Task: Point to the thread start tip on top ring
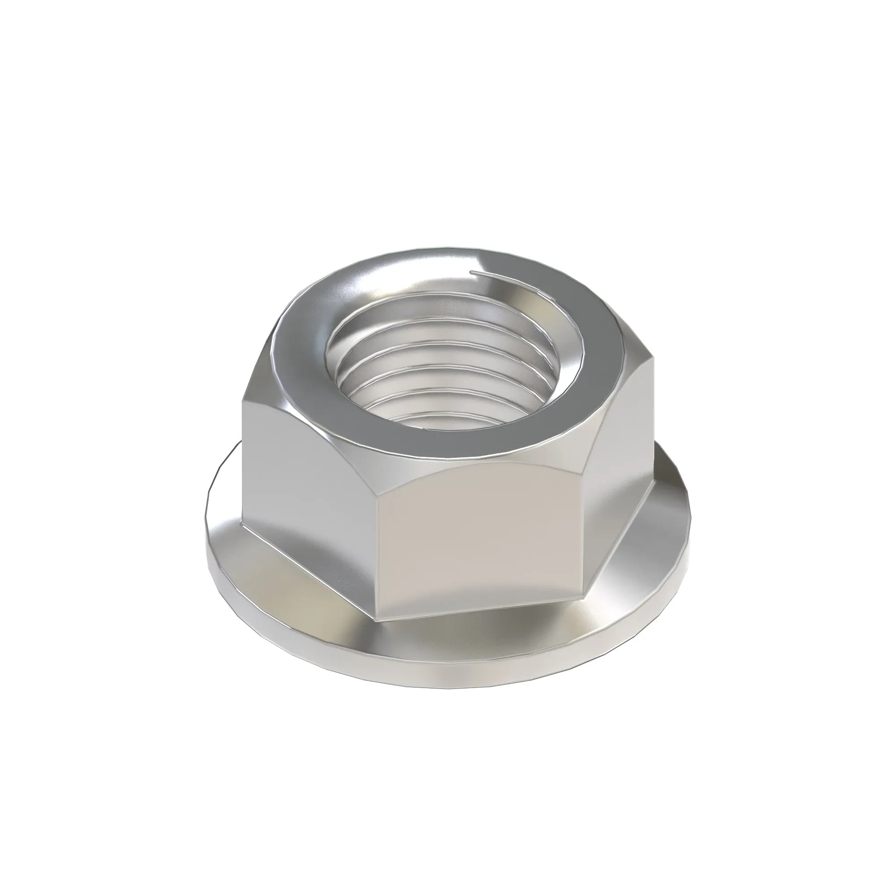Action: pyautogui.click(x=472, y=272)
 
